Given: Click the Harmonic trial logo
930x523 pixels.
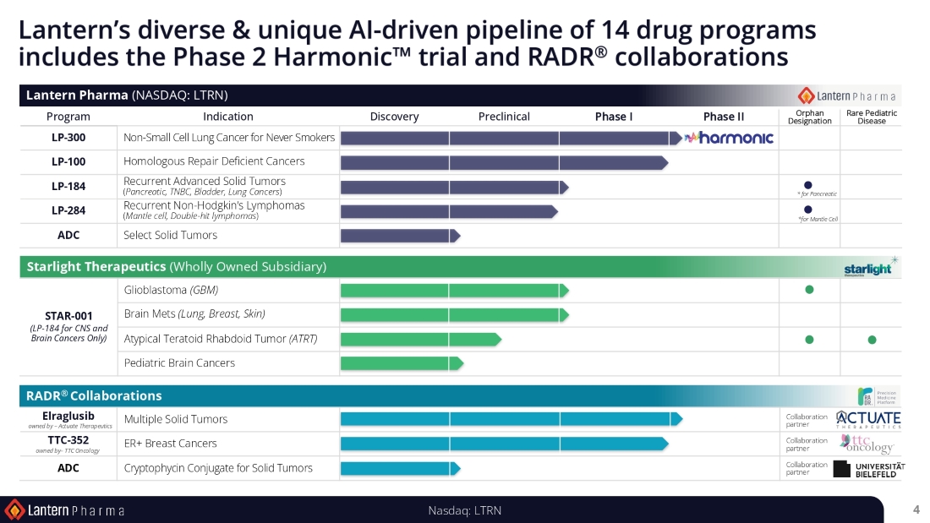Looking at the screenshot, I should point(729,138).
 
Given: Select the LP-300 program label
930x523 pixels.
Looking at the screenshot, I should point(68,137).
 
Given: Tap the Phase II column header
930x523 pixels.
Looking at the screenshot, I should point(723,117).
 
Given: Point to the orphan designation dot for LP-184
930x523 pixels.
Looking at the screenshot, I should point(808,185).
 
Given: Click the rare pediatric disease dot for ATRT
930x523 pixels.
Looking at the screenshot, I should point(872,340).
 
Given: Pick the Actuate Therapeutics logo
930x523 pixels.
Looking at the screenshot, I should point(868,419).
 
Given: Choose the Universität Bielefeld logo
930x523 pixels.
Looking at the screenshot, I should point(868,468).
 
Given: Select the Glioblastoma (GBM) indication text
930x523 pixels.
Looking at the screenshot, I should point(171,290).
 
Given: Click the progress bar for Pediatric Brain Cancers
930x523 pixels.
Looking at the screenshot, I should point(401,363).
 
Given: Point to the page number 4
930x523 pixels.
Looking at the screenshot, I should point(916,509).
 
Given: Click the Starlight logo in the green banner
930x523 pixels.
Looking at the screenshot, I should point(868,268).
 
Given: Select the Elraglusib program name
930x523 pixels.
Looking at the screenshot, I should point(68,416).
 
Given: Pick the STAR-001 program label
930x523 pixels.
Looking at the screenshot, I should point(68,316).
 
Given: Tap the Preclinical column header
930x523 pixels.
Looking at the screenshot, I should point(504,117).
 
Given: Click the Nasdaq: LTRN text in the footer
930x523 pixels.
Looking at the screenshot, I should point(465,509).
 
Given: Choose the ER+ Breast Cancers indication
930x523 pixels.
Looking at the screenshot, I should point(170,444).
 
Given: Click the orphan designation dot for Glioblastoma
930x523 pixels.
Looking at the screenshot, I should point(809,290).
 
